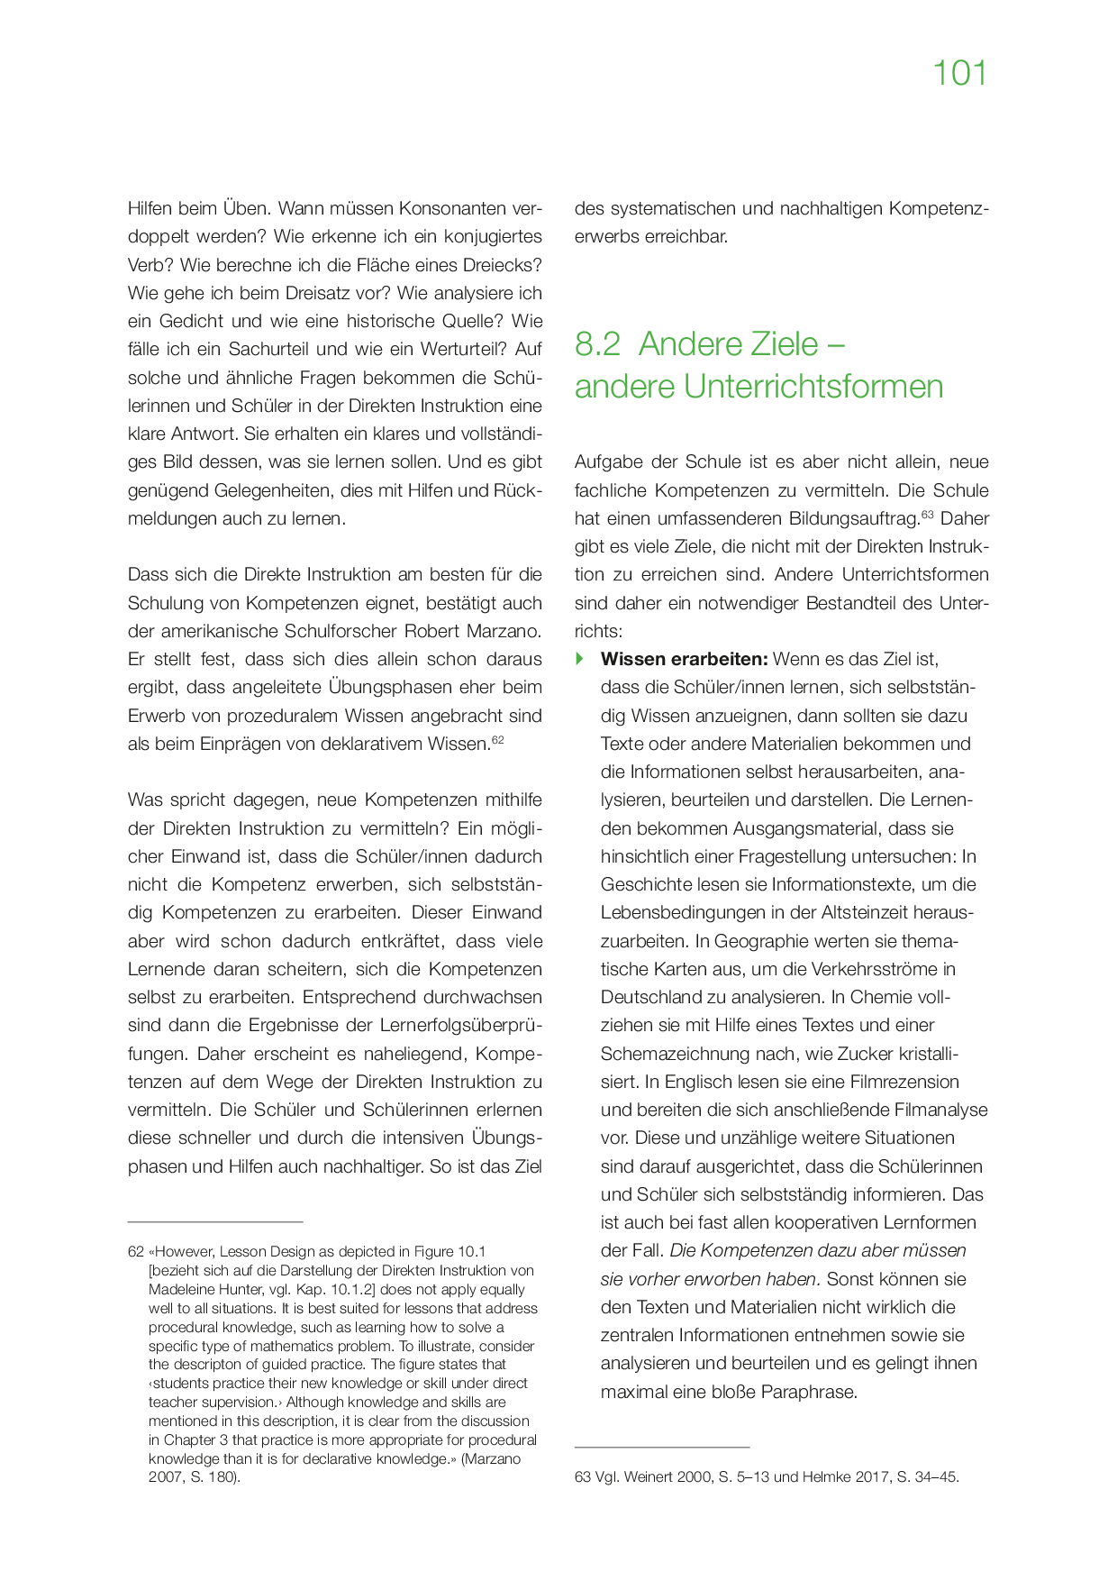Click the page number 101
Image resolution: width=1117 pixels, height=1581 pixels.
[959, 74]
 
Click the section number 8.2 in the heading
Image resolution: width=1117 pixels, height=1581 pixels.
[597, 344]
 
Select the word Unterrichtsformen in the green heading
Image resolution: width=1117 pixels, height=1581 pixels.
[813, 387]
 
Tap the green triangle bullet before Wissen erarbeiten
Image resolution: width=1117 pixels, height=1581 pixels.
[580, 659]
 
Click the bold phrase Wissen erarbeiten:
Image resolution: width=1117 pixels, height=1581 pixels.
[684, 659]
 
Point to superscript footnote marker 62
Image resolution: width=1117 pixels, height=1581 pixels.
[498, 739]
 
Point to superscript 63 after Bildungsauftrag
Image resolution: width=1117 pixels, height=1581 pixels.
[927, 514]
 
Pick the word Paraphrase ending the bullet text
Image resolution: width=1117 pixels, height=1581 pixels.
[808, 1392]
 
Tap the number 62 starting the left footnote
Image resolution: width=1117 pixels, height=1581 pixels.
[136, 1252]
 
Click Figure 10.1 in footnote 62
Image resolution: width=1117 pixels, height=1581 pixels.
[450, 1252]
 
